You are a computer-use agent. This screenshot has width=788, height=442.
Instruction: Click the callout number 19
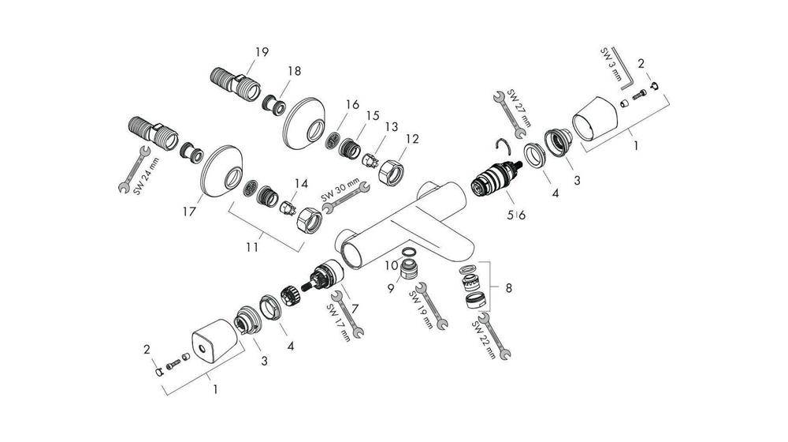point(261,52)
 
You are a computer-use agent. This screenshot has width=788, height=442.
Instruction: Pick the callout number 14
point(299,183)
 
